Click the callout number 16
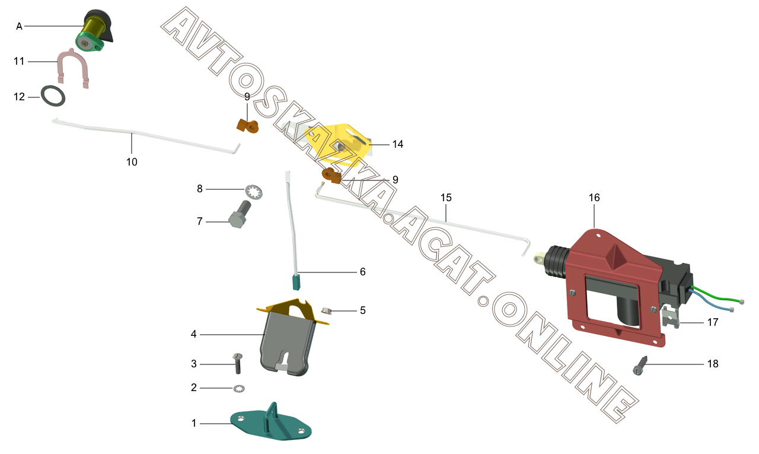pyautogui.click(x=594, y=198)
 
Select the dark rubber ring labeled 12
pyautogui.click(x=53, y=96)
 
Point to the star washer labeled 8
pyautogui.click(x=254, y=193)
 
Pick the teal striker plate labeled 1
pyautogui.click(x=271, y=423)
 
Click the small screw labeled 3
pyautogui.click(x=238, y=363)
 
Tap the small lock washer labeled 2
pyautogui.click(x=239, y=389)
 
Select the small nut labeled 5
pyautogui.click(x=326, y=310)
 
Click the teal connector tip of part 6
pyautogui.click(x=296, y=282)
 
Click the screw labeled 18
pyautogui.click(x=640, y=366)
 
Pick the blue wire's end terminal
pyautogui.click(x=732, y=310)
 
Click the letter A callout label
pyautogui.click(x=20, y=26)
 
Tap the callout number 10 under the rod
pyautogui.click(x=132, y=162)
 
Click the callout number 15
pyautogui.click(x=446, y=198)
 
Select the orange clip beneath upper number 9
pyautogui.click(x=248, y=126)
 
